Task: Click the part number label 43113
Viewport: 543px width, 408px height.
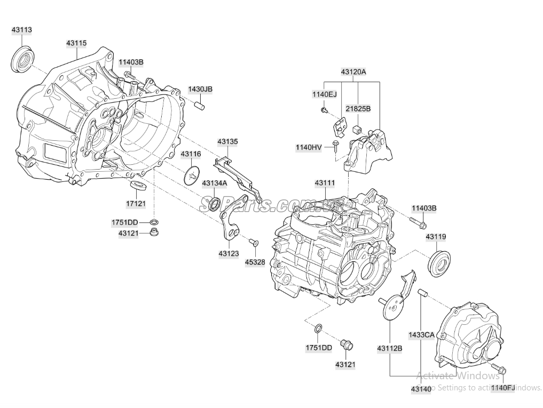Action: [22, 30]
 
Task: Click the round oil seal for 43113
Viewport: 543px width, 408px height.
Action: [22, 59]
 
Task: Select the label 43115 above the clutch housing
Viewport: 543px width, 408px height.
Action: [77, 43]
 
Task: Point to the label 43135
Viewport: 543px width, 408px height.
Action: [227, 142]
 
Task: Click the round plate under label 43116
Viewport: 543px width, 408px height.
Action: [192, 175]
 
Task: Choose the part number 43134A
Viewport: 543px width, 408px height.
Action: [214, 183]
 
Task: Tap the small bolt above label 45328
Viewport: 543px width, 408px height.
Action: [254, 243]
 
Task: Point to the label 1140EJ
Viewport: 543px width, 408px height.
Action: [325, 94]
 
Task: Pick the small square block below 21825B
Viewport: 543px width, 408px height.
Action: [357, 129]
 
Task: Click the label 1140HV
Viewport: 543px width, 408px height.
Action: [309, 147]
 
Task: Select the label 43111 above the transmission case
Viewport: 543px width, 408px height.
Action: [325, 183]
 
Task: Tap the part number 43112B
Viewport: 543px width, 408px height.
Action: [389, 348]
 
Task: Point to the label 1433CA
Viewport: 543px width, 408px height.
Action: [422, 335]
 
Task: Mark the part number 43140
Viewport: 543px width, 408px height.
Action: [421, 389]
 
